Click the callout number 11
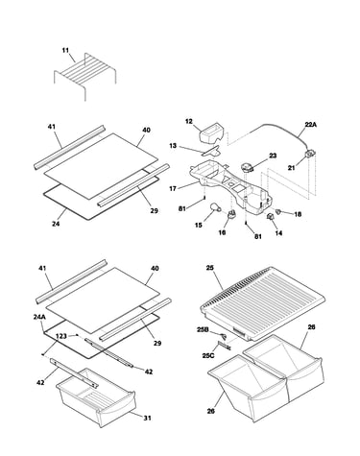65,51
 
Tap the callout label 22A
310,125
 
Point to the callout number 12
189,121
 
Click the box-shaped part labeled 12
212,133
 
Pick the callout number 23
273,156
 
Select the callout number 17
173,189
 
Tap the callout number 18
298,214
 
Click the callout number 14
278,233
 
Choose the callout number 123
61,336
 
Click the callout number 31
148,418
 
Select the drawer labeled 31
96,397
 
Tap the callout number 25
210,268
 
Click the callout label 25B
203,329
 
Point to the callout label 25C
208,355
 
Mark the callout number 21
291,167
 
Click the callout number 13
173,146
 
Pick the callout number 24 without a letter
56,224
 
